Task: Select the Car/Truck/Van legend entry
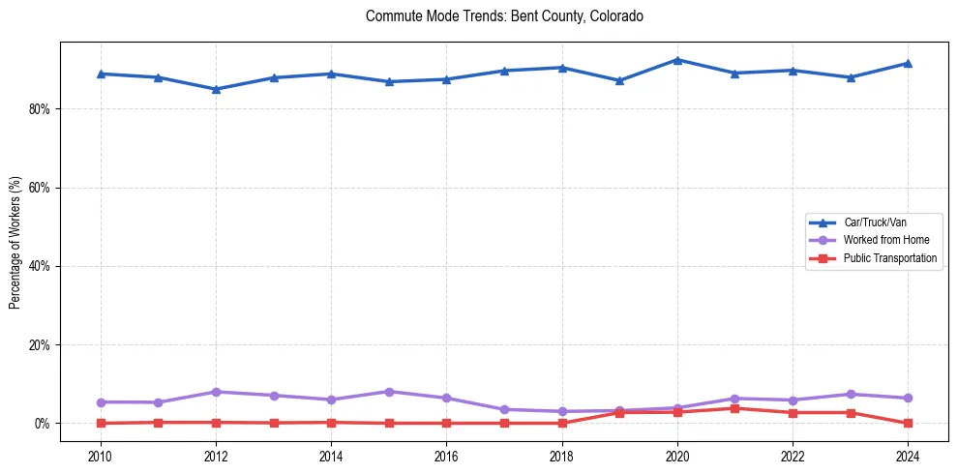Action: [875, 222]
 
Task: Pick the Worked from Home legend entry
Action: [886, 240]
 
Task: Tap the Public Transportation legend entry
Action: [890, 258]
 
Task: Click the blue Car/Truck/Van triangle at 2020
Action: [677, 60]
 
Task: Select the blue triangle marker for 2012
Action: [216, 89]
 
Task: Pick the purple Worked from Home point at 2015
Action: [389, 392]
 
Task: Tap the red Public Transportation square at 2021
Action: [734, 408]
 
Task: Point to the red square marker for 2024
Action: [908, 423]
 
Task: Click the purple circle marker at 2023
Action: [850, 394]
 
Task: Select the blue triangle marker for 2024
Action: [908, 63]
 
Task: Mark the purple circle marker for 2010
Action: [101, 401]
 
